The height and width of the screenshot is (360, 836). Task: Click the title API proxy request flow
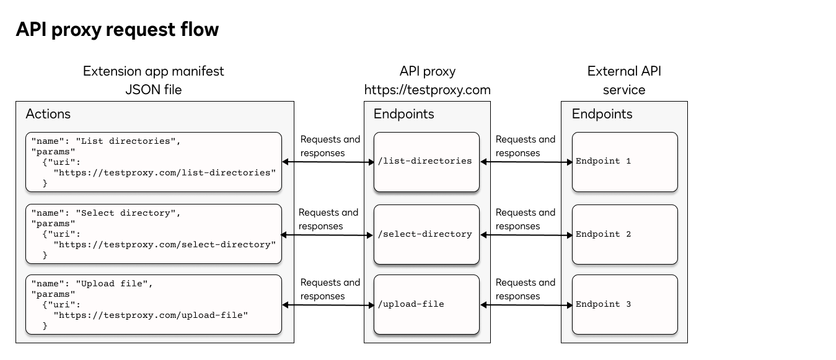[x=117, y=29]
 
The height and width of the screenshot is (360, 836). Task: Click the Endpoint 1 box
[x=624, y=161]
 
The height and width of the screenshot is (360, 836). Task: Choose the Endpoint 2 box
[x=624, y=234]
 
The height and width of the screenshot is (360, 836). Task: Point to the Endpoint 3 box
[x=624, y=304]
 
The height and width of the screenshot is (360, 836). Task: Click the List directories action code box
[x=154, y=162]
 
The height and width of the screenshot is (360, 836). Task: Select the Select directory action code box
[x=154, y=234]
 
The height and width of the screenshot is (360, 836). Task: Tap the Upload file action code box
[x=154, y=305]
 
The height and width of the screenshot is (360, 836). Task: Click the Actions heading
[x=48, y=114]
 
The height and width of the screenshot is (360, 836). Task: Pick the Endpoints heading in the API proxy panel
[x=403, y=114]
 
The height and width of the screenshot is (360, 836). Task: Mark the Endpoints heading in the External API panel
[x=602, y=114]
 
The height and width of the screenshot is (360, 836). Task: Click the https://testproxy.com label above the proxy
[x=427, y=90]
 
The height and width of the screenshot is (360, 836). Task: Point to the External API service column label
[x=624, y=81]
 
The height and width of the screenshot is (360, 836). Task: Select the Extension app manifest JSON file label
[x=154, y=81]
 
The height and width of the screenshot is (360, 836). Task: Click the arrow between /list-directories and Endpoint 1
[x=526, y=162]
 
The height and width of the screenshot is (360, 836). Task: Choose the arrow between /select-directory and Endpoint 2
[x=526, y=235]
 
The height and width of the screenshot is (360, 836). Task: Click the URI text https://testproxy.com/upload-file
[x=151, y=315]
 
